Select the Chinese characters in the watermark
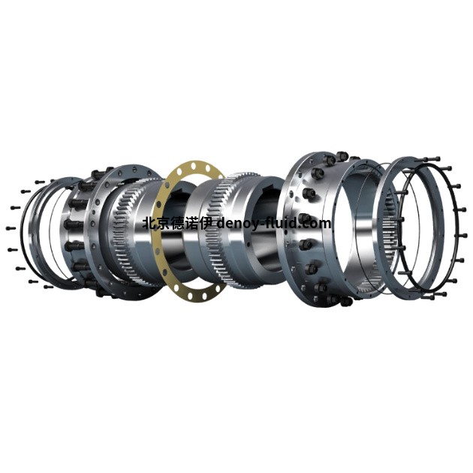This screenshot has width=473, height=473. (x=178, y=224)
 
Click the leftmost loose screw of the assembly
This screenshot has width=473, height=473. (x=11, y=228)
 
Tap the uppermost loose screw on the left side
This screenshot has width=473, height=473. (x=40, y=182)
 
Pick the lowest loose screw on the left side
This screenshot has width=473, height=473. (x=48, y=287)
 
